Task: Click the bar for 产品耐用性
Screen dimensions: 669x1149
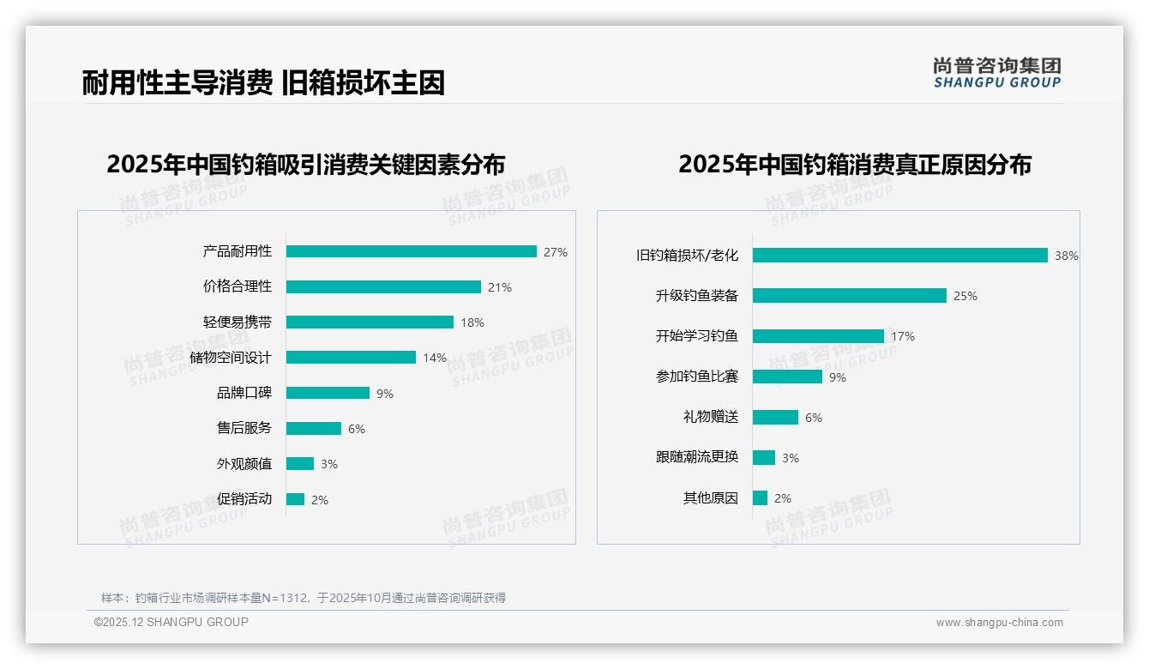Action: point(412,251)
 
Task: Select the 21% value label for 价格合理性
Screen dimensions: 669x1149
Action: point(500,287)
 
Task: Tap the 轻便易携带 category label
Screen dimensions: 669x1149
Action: point(237,322)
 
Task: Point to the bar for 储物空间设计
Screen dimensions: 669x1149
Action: point(351,358)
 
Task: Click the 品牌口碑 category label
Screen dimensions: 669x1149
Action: point(244,393)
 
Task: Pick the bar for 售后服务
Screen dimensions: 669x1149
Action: point(314,428)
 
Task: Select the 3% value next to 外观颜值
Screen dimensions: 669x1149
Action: point(329,464)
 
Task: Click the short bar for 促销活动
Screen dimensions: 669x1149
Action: point(295,499)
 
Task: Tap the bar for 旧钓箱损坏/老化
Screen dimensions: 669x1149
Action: point(900,256)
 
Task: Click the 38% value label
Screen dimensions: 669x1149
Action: point(1067,256)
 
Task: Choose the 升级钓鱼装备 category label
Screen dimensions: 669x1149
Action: point(696,296)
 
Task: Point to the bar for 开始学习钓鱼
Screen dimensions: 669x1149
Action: point(818,336)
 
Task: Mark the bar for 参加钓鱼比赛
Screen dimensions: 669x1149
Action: point(787,377)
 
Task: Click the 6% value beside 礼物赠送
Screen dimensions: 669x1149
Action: point(814,418)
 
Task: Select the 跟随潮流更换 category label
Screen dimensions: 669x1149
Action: point(696,457)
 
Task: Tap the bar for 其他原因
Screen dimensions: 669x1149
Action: point(760,498)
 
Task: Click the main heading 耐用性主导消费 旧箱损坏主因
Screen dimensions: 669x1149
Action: point(263,83)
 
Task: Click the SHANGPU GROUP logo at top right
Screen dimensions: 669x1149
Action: point(997,73)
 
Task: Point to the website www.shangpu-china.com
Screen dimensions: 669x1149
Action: point(999,623)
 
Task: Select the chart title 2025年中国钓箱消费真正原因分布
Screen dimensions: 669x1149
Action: point(854,165)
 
